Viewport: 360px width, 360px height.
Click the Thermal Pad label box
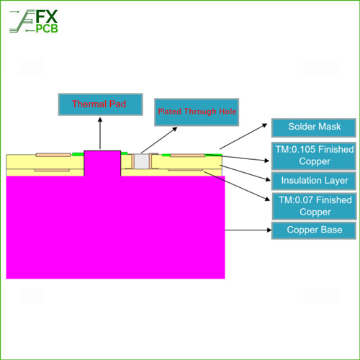(x=100, y=104)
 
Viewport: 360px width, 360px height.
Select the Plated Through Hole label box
(x=197, y=112)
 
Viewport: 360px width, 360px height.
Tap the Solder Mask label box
(x=314, y=127)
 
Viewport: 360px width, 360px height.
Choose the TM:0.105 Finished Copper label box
(x=314, y=156)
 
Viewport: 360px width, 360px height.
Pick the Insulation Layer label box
(x=314, y=181)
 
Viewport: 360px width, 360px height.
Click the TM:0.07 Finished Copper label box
(x=314, y=206)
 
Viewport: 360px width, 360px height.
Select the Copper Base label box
(x=314, y=230)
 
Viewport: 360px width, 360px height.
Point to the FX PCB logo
(x=34, y=21)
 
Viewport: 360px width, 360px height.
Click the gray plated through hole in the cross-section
(x=141, y=161)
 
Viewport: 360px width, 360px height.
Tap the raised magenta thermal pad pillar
(x=102, y=163)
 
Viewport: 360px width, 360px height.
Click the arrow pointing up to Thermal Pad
(x=100, y=133)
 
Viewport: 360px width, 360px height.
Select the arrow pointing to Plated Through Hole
(x=159, y=140)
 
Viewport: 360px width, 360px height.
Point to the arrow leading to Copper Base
(x=248, y=230)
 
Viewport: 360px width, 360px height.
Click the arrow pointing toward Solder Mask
(x=243, y=136)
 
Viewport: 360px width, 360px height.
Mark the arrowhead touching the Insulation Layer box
(x=269, y=179)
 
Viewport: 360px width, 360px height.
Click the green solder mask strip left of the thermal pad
(x=78, y=154)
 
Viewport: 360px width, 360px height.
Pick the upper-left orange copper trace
(x=53, y=155)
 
